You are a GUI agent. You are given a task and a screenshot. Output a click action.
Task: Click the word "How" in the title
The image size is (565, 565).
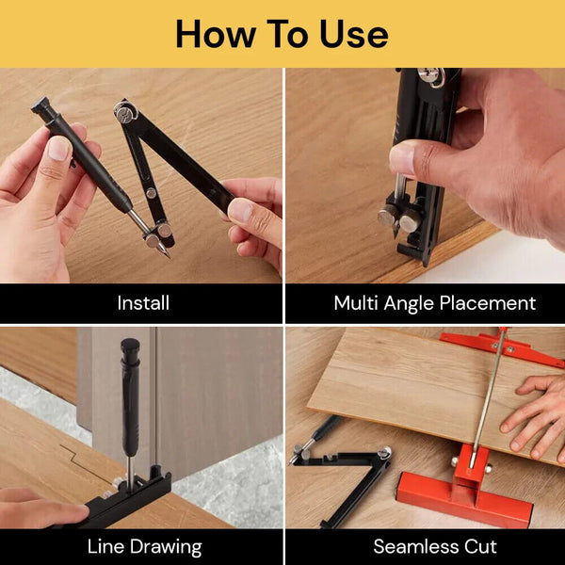click(209, 34)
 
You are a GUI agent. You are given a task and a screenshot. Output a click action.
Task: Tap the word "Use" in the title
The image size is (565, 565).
click(354, 34)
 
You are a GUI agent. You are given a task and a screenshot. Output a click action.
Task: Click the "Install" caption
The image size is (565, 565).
click(143, 303)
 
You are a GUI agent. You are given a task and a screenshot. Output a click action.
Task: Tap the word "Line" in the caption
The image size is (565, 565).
click(106, 546)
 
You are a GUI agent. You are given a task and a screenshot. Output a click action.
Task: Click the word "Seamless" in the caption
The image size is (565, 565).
click(411, 546)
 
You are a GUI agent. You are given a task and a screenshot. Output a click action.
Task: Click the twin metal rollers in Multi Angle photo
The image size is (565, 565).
click(401, 218)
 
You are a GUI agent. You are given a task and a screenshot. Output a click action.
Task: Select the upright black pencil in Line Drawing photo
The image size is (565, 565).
click(130, 405)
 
